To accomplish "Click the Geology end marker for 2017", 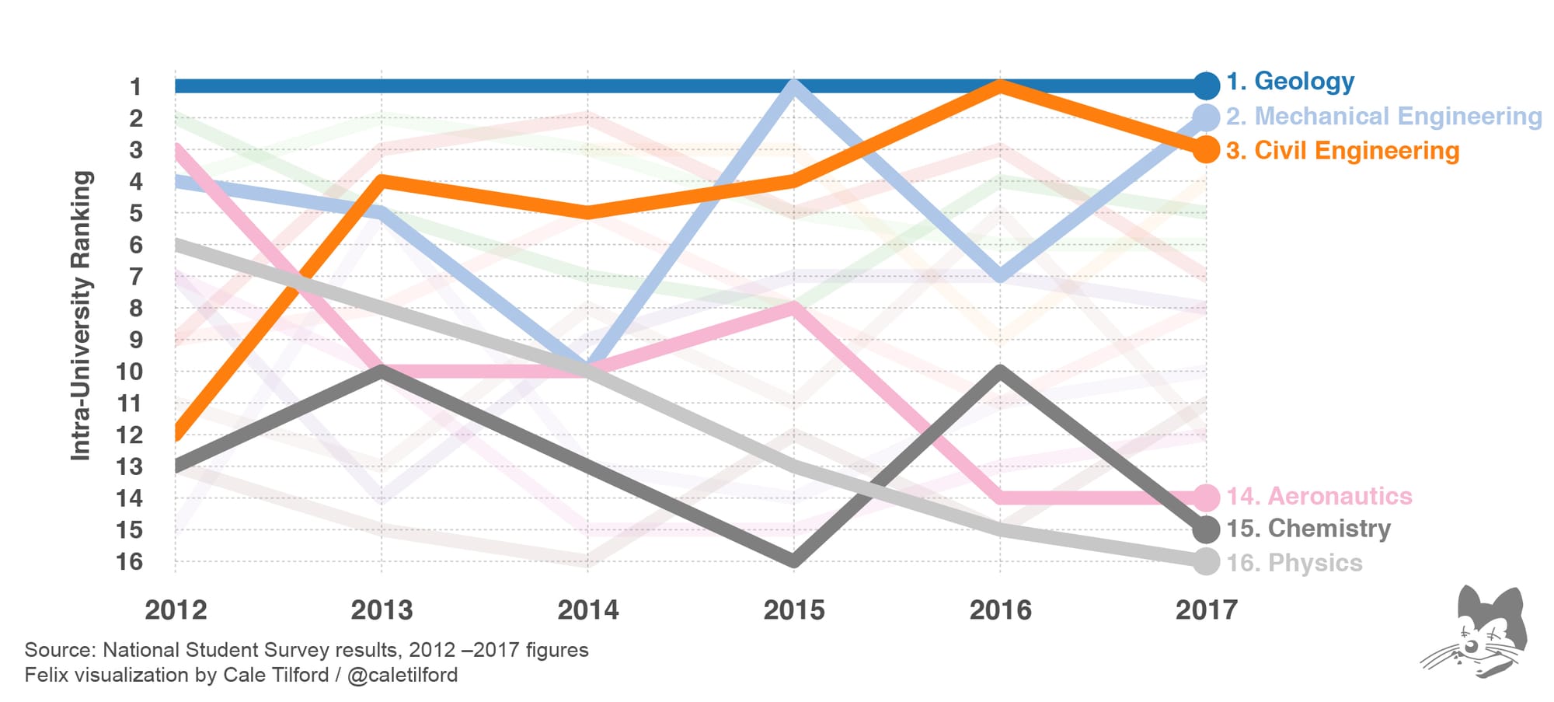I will [1205, 85].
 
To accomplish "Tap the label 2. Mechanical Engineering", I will [1384, 117].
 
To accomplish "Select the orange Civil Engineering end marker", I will [1205, 149].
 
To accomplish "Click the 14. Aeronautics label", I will [1319, 496].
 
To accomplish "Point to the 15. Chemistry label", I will [1308, 529].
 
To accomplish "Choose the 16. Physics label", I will [1294, 563].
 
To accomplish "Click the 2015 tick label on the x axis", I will [793, 610].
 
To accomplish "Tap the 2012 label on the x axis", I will [176, 610].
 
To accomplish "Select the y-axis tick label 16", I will [129, 562].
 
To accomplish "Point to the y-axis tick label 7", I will [135, 277].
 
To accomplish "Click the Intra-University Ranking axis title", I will [82, 315].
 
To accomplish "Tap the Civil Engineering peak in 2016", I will [999, 86].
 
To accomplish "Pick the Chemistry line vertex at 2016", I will [999, 372].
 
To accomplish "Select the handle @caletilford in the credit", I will [402, 675].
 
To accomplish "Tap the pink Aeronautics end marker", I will [1205, 497].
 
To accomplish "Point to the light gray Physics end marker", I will [1205, 561].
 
